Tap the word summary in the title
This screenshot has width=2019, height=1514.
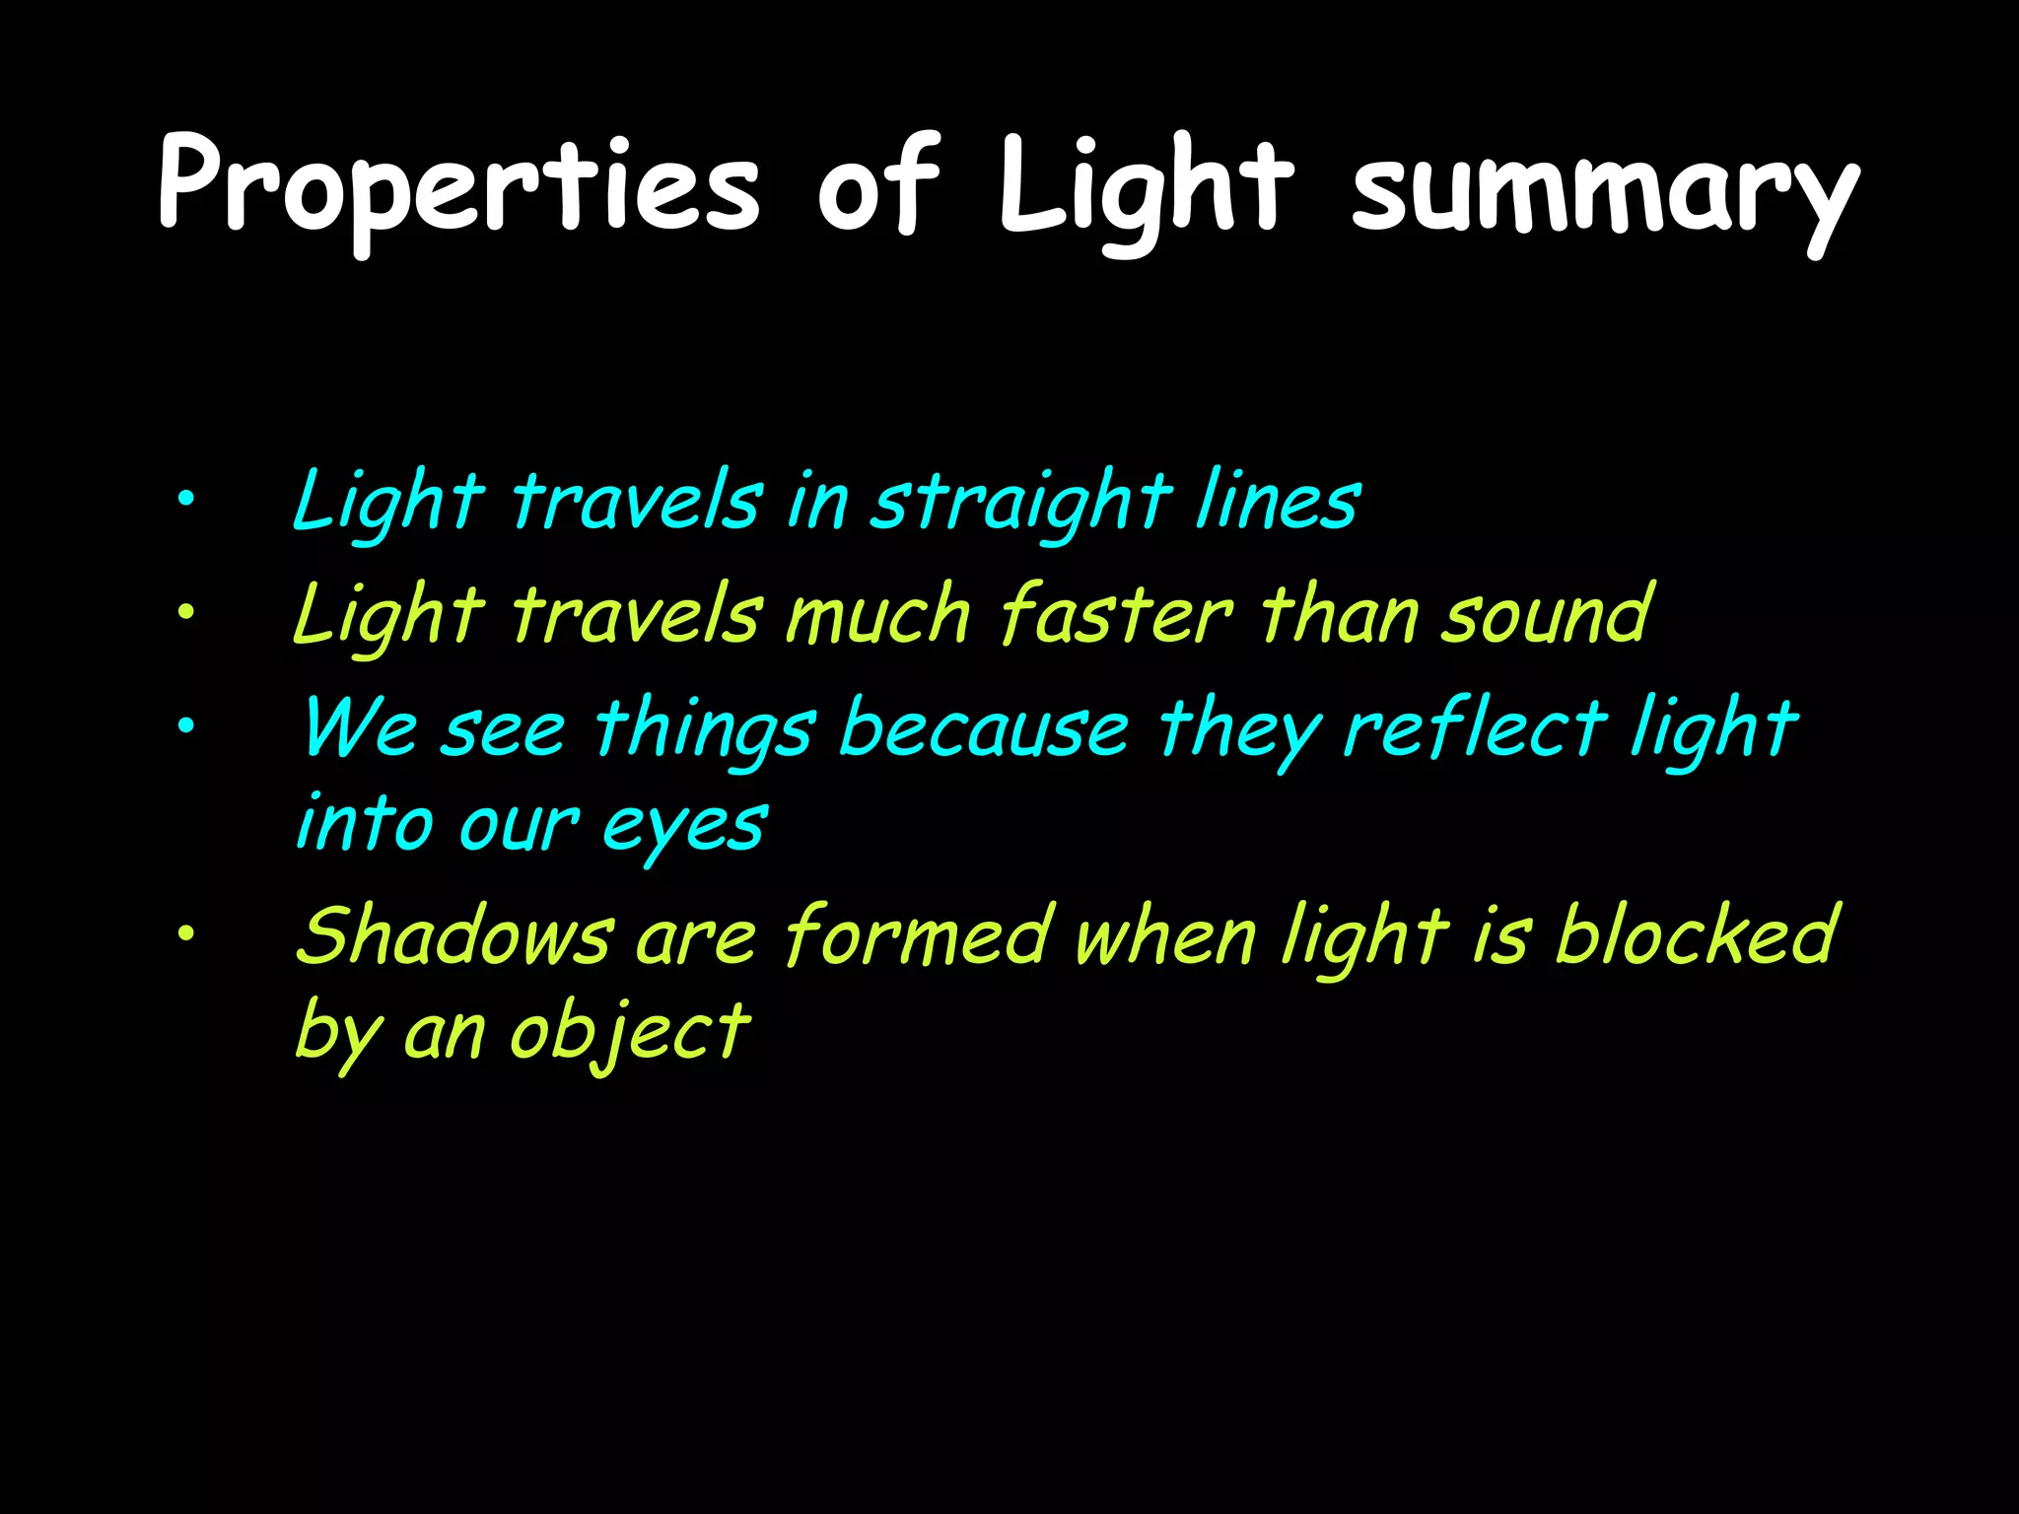[1605, 187]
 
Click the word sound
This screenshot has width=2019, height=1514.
[1548, 615]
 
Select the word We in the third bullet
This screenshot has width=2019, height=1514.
[360, 729]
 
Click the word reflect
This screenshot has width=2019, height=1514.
[1475, 729]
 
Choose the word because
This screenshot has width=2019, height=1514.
[984, 729]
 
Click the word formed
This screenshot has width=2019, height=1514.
[917, 936]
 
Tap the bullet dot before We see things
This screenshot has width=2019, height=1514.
[185, 726]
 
